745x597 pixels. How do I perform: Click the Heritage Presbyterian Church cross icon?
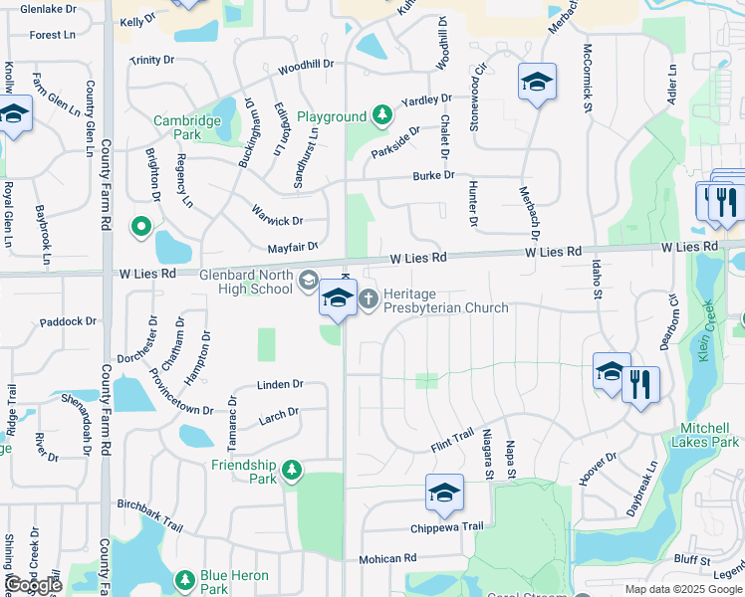pyautogui.click(x=369, y=298)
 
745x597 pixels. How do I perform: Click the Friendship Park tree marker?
pyautogui.click(x=291, y=469)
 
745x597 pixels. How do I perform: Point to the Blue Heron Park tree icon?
pyautogui.click(x=184, y=579)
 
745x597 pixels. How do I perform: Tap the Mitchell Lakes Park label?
pyautogui.click(x=709, y=435)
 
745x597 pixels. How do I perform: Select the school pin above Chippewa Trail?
pyautogui.click(x=444, y=492)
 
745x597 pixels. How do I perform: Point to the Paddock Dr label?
pyautogui.click(x=68, y=321)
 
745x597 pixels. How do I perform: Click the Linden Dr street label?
pyautogui.click(x=279, y=384)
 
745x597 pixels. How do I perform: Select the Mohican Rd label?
pyautogui.click(x=387, y=559)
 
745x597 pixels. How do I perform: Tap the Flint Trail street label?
pyautogui.click(x=451, y=438)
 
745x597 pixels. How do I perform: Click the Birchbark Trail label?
pyautogui.click(x=149, y=516)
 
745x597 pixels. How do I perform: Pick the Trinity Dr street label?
pyautogui.click(x=150, y=60)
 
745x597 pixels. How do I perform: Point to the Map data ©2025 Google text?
pyautogui.click(x=683, y=589)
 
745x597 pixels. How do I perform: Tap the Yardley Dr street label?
pyautogui.click(x=426, y=100)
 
